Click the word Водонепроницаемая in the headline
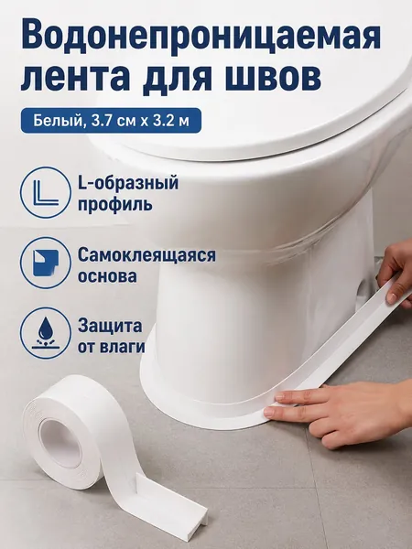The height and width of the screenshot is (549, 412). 201,36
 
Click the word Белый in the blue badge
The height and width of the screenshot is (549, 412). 58,121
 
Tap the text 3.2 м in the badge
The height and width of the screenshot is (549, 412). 172,121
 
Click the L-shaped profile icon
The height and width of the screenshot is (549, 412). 46,193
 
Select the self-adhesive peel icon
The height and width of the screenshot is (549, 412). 46,263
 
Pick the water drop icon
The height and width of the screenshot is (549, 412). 46,333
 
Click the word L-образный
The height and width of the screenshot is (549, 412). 128,183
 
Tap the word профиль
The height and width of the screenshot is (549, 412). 115,204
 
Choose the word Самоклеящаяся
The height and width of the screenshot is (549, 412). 146,255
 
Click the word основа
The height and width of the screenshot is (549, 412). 107,276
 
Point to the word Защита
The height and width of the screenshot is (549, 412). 110,327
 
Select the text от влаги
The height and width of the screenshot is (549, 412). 112,347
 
